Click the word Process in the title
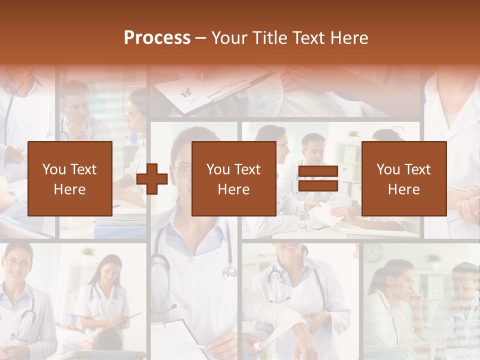click(x=157, y=38)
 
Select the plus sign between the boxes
click(x=152, y=179)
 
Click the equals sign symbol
click(x=318, y=179)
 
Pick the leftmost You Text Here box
click(x=69, y=179)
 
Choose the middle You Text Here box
click(x=233, y=179)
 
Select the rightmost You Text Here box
click(x=403, y=179)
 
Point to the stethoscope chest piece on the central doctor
click(x=230, y=272)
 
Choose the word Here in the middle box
click(x=233, y=189)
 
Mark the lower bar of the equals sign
click(x=318, y=186)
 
